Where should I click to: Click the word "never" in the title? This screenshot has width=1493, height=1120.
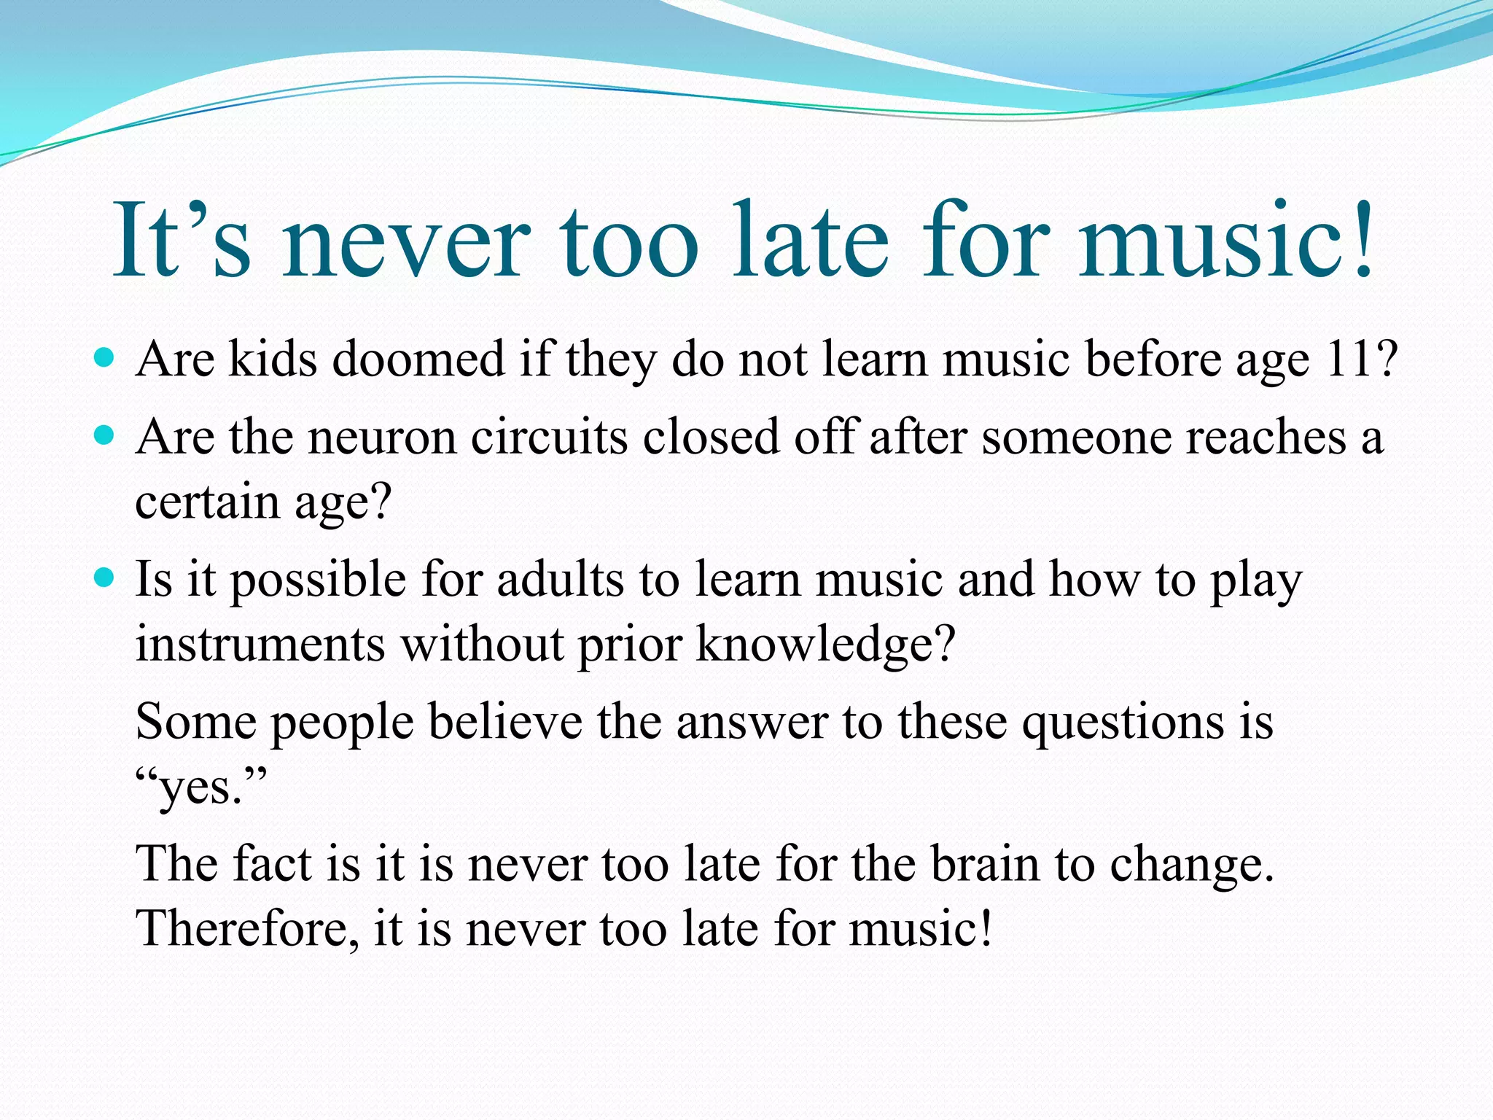click(x=406, y=241)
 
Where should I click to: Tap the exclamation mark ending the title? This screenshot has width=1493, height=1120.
click(x=1362, y=237)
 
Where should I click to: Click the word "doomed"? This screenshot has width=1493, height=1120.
click(x=418, y=359)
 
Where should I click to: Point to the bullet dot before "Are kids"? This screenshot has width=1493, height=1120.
click(x=105, y=358)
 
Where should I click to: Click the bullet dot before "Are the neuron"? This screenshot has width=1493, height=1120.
click(x=105, y=435)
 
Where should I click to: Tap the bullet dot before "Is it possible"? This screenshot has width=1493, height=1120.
click(x=105, y=578)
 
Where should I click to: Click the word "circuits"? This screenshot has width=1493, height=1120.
click(x=550, y=438)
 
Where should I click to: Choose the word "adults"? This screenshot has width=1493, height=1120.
click(x=561, y=580)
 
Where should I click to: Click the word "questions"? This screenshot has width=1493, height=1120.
click(x=1123, y=723)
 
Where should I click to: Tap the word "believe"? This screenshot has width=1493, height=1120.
click(x=505, y=723)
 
